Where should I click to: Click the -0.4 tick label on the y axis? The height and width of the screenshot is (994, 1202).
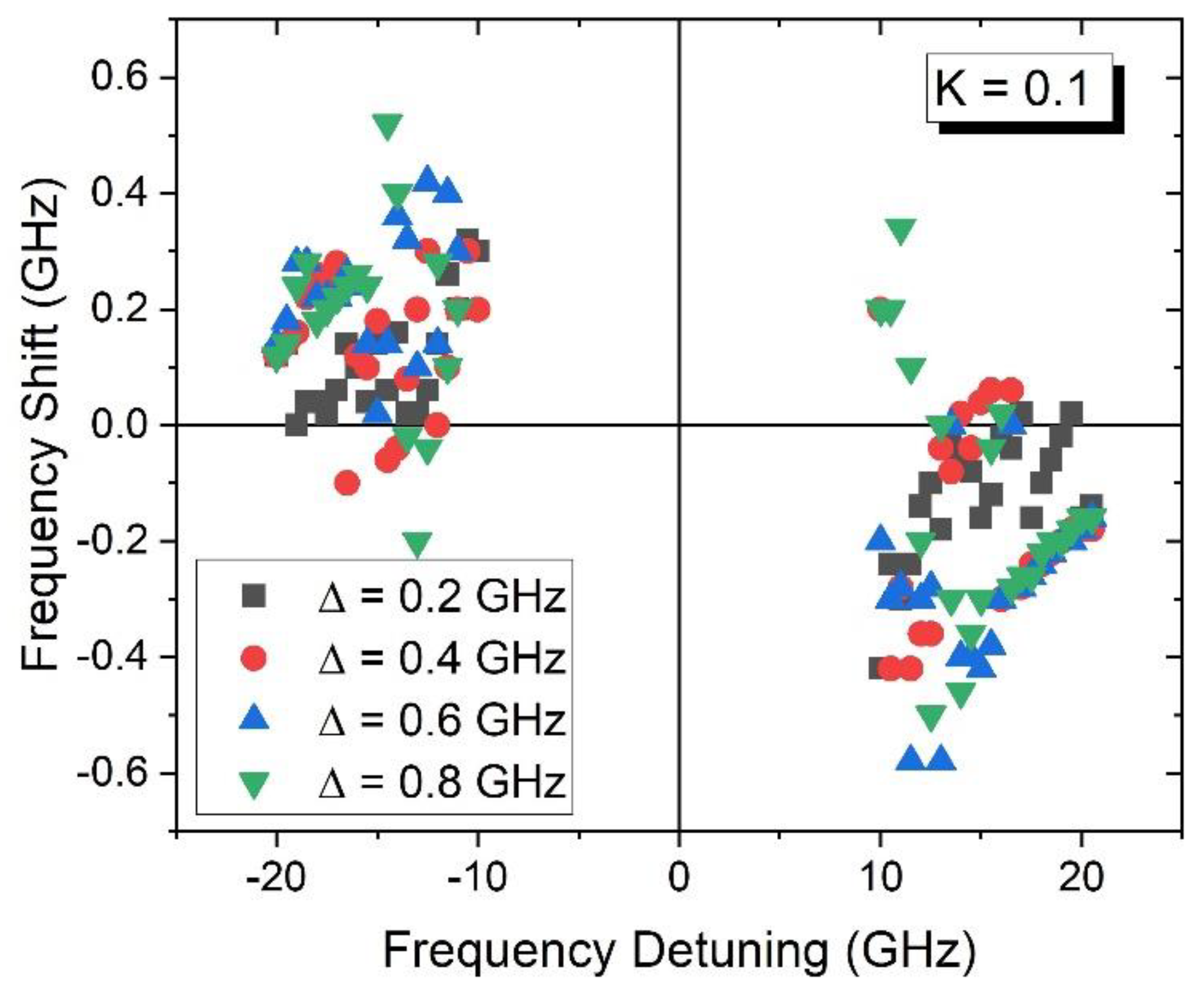click(111, 657)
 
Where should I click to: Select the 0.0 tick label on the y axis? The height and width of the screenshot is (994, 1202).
click(120, 425)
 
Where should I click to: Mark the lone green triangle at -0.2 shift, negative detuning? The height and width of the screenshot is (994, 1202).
click(418, 543)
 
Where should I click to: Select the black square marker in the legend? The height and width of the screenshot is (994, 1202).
click(254, 596)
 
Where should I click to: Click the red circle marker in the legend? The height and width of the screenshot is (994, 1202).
click(254, 658)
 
